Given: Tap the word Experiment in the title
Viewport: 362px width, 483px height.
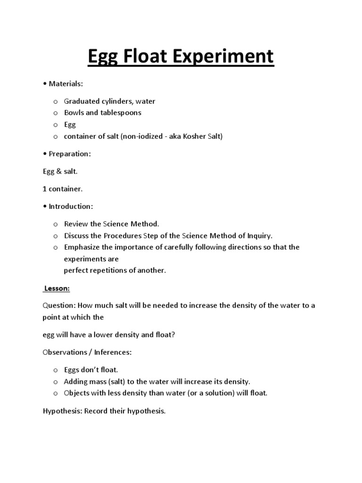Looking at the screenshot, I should click(230, 57).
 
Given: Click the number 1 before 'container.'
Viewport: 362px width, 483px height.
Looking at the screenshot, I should click(44, 189).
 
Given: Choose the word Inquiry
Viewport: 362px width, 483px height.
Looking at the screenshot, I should click(259, 235).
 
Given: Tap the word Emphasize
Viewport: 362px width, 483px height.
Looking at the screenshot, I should click(82, 247).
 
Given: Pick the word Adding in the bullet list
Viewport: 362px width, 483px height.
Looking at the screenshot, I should click(75, 381).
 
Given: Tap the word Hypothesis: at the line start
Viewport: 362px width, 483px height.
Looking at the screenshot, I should click(62, 411).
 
